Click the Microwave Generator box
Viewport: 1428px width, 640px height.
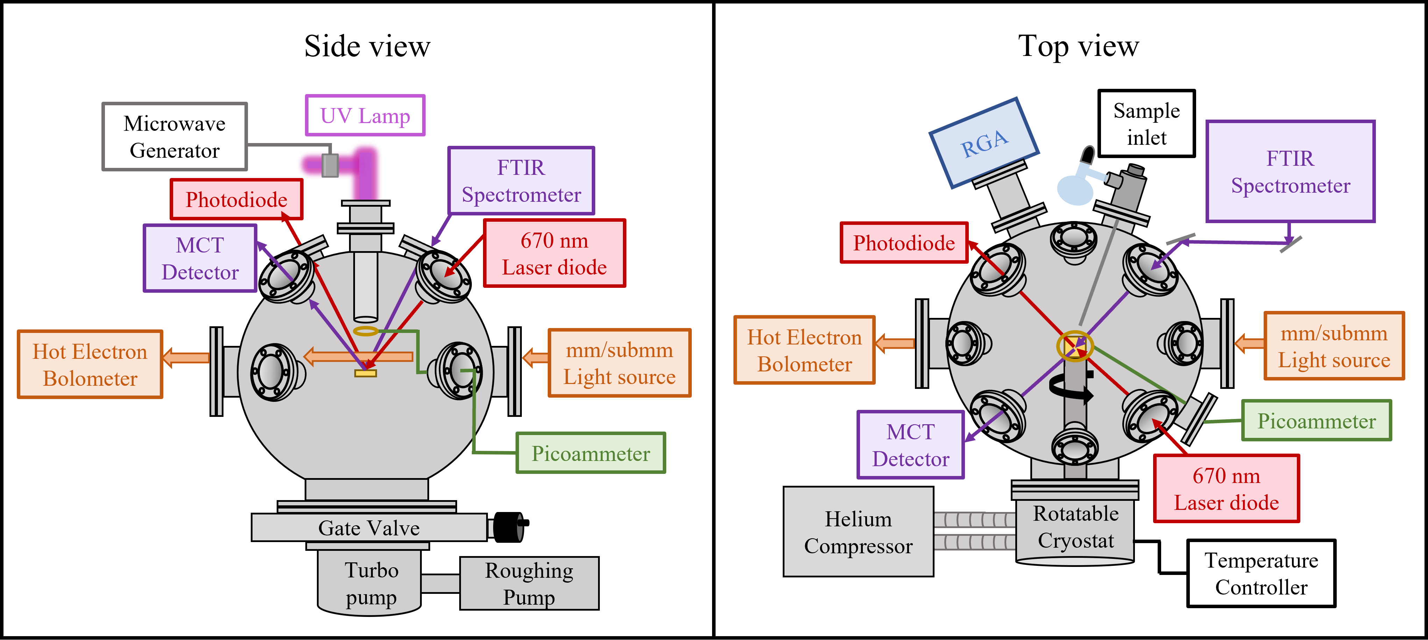click(x=175, y=136)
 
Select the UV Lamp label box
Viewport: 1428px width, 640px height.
click(x=365, y=115)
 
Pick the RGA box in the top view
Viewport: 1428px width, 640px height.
click(x=983, y=143)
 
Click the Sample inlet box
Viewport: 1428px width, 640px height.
click(x=1146, y=123)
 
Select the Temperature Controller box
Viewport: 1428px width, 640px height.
click(x=1261, y=574)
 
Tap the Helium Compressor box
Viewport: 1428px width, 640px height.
click(x=858, y=532)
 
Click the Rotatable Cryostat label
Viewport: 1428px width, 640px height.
click(x=1075, y=527)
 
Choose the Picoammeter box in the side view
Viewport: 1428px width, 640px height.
click(x=590, y=453)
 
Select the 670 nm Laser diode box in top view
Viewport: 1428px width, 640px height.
click(x=1226, y=489)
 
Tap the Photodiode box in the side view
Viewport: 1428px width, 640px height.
click(x=236, y=199)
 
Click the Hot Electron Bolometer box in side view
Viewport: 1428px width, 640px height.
click(x=90, y=365)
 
